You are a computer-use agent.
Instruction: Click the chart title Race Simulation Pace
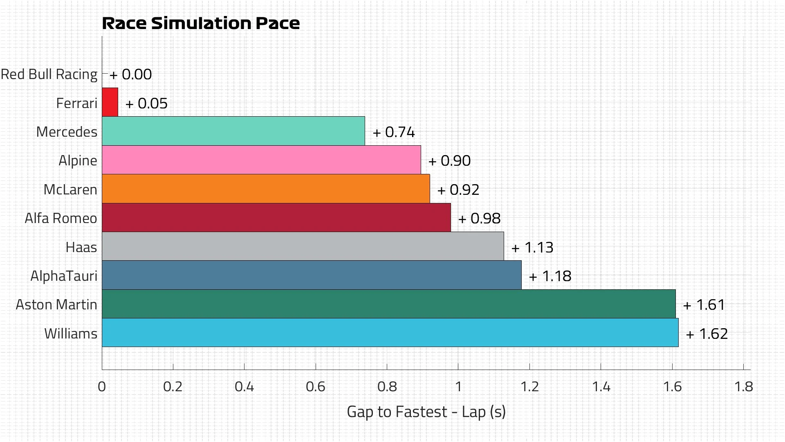coord(201,23)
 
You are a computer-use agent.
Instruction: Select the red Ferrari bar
coord(110,102)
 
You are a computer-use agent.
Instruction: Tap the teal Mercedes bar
coord(233,131)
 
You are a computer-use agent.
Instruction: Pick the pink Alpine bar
coord(261,160)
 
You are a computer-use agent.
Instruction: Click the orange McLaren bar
coord(266,189)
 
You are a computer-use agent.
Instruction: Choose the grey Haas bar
coord(303,246)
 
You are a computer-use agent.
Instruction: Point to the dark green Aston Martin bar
coord(388,304)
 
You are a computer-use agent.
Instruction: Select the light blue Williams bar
coord(390,333)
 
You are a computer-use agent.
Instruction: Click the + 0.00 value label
coord(131,74)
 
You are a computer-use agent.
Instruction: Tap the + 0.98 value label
coord(479,219)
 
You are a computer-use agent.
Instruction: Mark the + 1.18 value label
coord(550,276)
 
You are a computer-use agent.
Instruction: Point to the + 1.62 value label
coord(707,334)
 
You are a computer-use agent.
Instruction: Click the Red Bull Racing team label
coord(49,74)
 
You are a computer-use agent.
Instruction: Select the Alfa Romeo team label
coord(61,218)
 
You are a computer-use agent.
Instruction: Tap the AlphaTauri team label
coord(64,276)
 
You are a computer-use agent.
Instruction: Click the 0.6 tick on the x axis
coord(315,387)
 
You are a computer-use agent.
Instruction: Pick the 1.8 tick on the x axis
coord(743,387)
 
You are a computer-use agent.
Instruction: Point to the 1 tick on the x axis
coord(458,387)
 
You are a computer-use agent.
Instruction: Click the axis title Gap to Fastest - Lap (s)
coord(426,412)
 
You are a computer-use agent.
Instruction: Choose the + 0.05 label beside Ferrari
coord(146,104)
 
